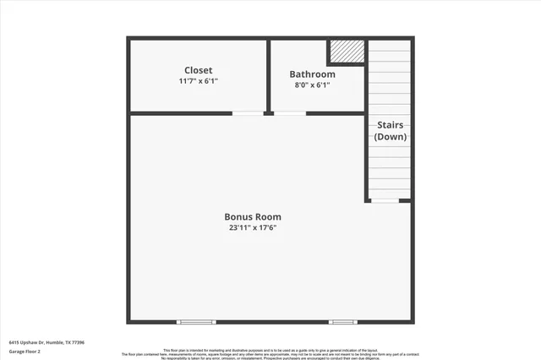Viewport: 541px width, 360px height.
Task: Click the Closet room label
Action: click(x=199, y=70)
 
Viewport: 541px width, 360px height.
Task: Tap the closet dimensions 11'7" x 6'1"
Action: click(x=199, y=82)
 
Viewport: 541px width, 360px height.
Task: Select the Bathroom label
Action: click(x=312, y=74)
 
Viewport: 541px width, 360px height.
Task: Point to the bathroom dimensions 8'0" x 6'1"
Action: click(x=312, y=85)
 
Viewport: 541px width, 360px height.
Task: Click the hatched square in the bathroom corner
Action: click(x=347, y=52)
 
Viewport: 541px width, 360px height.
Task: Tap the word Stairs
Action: click(x=391, y=124)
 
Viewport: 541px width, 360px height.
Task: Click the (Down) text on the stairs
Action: click(x=391, y=136)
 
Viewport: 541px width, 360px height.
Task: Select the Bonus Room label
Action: click(x=253, y=216)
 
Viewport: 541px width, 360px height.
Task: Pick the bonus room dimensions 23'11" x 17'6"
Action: click(x=253, y=227)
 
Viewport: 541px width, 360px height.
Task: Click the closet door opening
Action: click(x=248, y=113)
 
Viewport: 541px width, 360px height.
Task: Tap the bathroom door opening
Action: click(x=289, y=113)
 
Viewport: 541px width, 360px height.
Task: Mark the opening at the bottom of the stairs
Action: click(x=385, y=200)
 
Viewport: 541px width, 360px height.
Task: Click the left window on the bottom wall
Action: click(x=196, y=321)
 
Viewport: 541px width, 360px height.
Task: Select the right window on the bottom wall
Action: click(x=342, y=321)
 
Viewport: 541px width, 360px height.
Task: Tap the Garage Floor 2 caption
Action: click(x=25, y=351)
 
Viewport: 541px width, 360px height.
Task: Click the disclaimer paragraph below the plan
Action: click(x=270, y=353)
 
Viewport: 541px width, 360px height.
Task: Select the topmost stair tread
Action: click(x=390, y=46)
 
